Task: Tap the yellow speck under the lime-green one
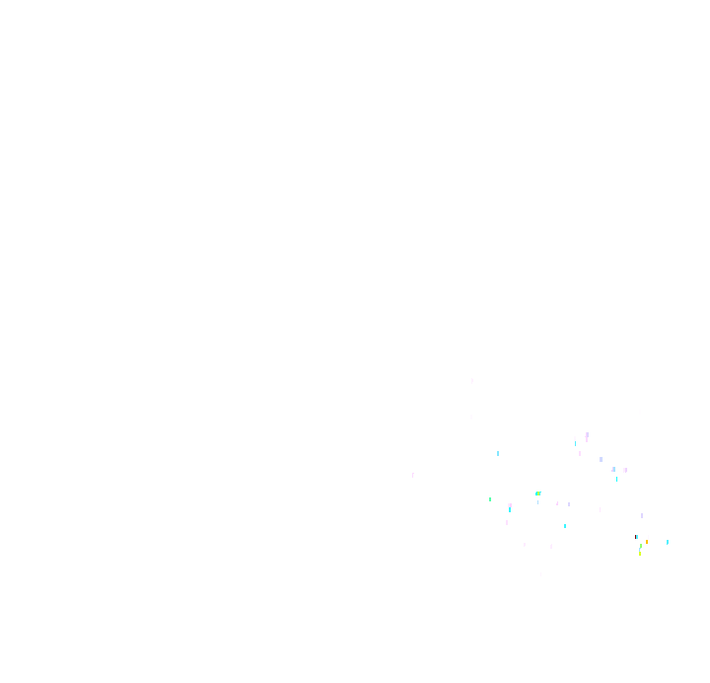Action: pos(639,553)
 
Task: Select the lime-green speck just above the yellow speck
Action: pos(640,546)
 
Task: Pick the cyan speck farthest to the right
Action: pos(667,542)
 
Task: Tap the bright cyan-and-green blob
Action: pos(537,493)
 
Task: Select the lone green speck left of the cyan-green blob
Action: pos(490,499)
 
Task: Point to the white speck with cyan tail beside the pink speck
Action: pos(575,439)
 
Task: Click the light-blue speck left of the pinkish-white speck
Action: pos(613,469)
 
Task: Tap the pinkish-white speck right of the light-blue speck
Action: pos(624,470)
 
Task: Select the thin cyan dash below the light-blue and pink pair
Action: pos(617,479)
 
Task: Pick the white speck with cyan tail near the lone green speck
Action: pos(510,506)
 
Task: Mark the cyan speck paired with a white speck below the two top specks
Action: pos(498,455)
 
